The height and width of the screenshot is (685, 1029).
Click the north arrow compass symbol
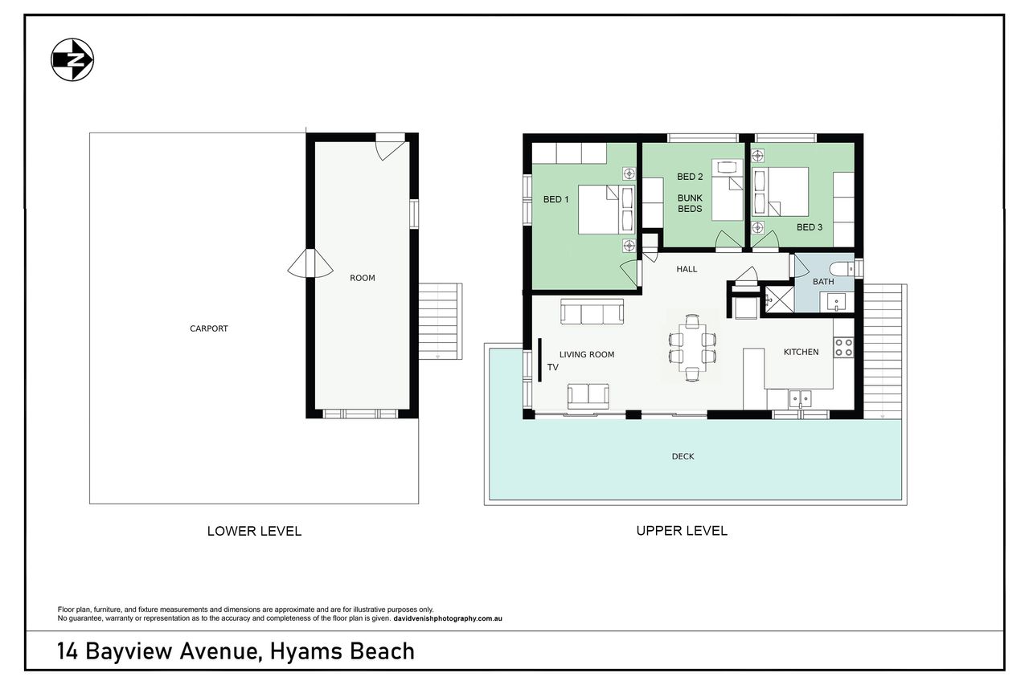click(x=72, y=59)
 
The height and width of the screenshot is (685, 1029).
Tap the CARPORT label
click(x=209, y=328)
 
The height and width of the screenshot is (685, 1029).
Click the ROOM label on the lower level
click(x=363, y=278)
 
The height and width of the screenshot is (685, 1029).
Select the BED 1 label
click(x=555, y=199)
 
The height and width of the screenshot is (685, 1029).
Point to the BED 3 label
click(x=810, y=227)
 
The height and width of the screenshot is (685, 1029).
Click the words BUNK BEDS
click(x=690, y=203)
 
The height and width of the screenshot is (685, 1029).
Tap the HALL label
click(x=687, y=269)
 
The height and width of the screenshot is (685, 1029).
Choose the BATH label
click(x=823, y=282)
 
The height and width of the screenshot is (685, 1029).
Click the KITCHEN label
click(x=801, y=352)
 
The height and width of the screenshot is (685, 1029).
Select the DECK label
click(x=683, y=456)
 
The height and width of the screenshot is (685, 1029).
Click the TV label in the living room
click(x=552, y=368)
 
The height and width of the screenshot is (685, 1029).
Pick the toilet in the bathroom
click(x=842, y=268)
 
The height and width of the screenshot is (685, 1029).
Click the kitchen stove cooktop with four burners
click(x=843, y=348)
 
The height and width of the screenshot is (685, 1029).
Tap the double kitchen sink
click(x=800, y=398)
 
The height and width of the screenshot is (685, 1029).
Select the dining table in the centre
click(x=692, y=348)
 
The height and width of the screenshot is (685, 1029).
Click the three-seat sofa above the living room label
click(x=592, y=312)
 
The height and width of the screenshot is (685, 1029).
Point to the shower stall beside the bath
click(x=777, y=300)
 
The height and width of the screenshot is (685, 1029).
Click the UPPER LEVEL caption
click(x=682, y=531)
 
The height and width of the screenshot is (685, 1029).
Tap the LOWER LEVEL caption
click(x=254, y=532)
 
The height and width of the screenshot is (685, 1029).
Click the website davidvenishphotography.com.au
click(x=448, y=618)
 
